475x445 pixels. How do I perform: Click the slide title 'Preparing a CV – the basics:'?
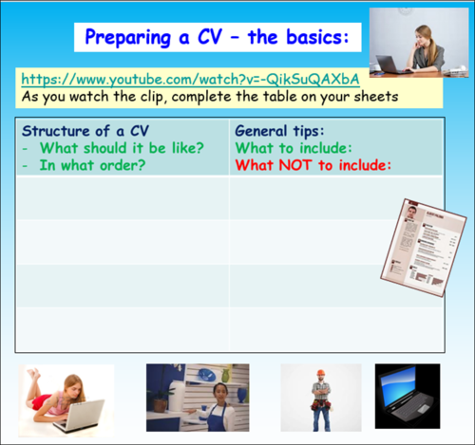[x=217, y=37]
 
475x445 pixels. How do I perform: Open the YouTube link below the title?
[x=190, y=80]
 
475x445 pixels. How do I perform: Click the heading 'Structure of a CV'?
[x=85, y=131]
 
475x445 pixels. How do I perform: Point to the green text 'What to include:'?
[x=293, y=148]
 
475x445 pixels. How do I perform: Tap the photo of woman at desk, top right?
[x=417, y=42]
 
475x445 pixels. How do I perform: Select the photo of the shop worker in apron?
[x=197, y=398]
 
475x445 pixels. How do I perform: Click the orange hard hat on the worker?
[x=321, y=373]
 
